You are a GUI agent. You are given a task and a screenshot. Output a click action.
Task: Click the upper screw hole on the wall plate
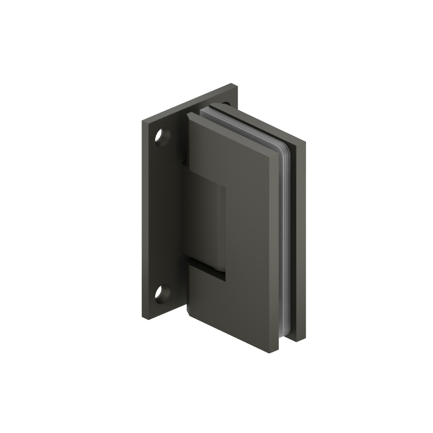point(163,137)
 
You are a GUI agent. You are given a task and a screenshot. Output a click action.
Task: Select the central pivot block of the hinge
point(206,216)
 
